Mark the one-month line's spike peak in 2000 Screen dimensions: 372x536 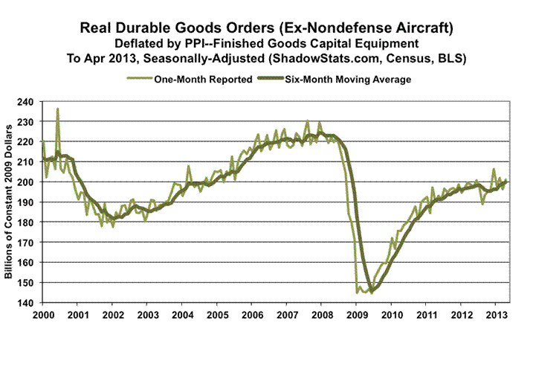58,109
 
